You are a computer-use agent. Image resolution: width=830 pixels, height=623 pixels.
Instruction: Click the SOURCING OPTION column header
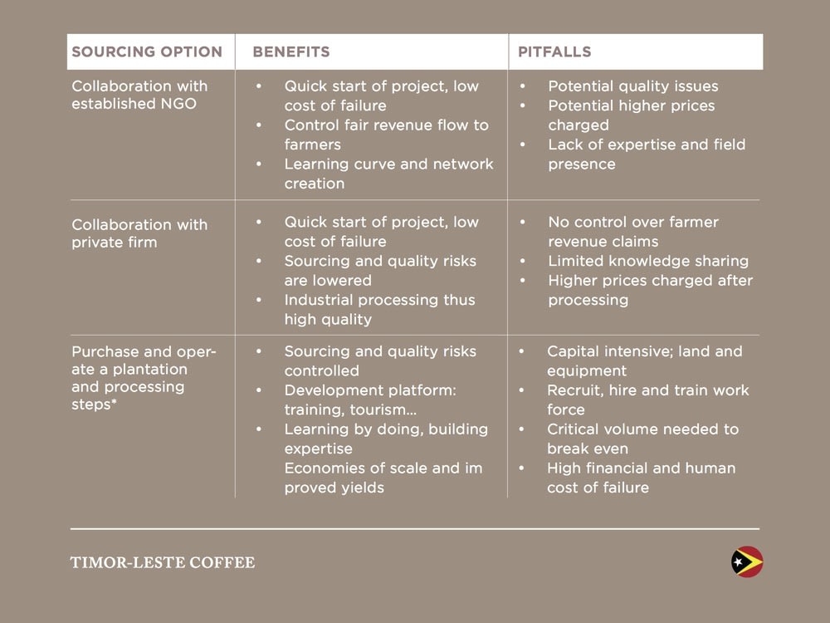(147, 52)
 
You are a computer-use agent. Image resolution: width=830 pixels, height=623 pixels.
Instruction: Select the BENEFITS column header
(291, 52)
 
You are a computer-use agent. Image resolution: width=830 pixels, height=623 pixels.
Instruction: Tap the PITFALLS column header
(554, 52)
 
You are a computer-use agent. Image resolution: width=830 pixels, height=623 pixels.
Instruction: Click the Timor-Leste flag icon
(747, 562)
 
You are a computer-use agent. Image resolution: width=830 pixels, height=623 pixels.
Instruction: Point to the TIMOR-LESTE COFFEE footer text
(163, 562)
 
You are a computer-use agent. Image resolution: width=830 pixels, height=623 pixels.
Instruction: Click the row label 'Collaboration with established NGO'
(139, 95)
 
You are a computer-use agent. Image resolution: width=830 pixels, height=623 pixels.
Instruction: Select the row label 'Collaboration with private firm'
(139, 233)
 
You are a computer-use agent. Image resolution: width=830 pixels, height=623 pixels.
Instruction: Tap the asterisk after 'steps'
(113, 405)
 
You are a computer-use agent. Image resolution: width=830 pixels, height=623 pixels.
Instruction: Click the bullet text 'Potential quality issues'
(632, 86)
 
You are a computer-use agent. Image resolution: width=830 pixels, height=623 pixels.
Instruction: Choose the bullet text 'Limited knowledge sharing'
(648, 261)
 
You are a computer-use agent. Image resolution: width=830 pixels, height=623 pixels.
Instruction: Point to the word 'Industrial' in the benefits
(320, 300)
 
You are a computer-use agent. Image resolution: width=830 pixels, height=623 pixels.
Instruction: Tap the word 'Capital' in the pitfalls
(574, 351)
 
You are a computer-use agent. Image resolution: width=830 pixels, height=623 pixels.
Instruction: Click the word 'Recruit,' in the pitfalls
(574, 390)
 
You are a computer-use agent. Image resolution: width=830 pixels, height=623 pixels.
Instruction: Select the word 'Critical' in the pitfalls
(574, 429)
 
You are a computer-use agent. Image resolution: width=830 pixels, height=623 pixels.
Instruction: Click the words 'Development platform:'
(370, 390)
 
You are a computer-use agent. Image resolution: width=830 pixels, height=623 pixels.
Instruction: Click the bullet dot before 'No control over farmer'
(521, 223)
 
